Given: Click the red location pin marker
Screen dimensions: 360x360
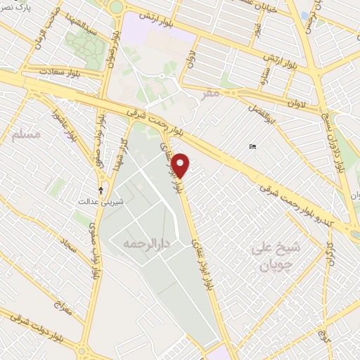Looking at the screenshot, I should pyautogui.click(x=181, y=165).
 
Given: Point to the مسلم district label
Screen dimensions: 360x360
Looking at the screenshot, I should pyautogui.click(x=27, y=134).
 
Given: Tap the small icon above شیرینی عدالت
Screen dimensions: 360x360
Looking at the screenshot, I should pyautogui.click(x=101, y=190).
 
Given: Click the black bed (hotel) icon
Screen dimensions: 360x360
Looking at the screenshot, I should pyautogui.click(x=252, y=146).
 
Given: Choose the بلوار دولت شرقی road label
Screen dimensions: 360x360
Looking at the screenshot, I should pyautogui.click(x=28, y=335).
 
